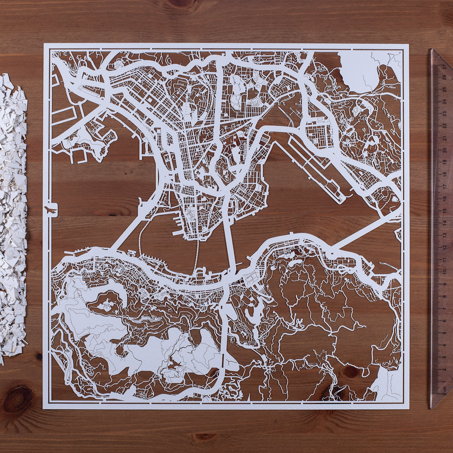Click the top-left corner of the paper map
click(x=44, y=44)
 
